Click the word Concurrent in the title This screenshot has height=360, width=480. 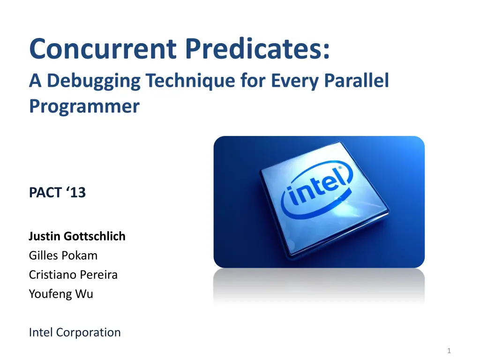pyautogui.click(x=103, y=48)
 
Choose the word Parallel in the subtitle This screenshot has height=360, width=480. pyautogui.click(x=356, y=80)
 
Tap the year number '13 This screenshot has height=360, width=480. pyautogui.click(x=75, y=193)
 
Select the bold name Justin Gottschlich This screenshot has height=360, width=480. pyautogui.click(x=77, y=236)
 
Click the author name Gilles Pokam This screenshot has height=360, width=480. pyautogui.click(x=63, y=255)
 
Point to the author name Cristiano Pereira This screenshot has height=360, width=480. pyautogui.click(x=73, y=275)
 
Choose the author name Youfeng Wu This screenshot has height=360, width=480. pyautogui.click(x=61, y=294)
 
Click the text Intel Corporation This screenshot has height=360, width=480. pyautogui.click(x=75, y=332)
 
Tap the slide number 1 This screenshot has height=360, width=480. pyautogui.click(x=449, y=351)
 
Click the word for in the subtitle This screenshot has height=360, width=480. pyautogui.click(x=253, y=80)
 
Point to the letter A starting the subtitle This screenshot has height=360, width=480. pyautogui.click(x=35, y=80)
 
